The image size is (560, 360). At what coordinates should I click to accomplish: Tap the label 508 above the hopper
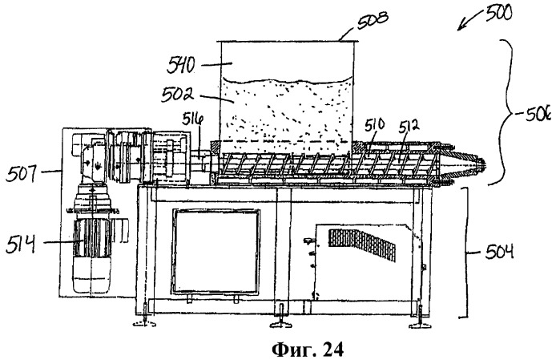(x=373, y=22)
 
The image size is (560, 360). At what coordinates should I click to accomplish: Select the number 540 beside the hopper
(x=182, y=66)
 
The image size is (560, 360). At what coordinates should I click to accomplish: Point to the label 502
(x=178, y=94)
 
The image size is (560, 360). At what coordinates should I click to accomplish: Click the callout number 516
(x=193, y=119)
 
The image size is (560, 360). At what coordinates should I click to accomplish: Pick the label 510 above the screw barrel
(x=375, y=124)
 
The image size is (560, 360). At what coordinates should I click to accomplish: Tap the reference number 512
(x=409, y=126)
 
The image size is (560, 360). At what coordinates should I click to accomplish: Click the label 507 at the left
(x=22, y=175)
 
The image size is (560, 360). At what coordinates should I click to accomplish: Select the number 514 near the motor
(x=20, y=245)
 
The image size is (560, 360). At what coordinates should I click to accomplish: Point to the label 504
(x=499, y=251)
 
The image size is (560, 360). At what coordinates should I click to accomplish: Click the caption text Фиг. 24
(x=308, y=350)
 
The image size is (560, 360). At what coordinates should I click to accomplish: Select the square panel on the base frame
(x=216, y=251)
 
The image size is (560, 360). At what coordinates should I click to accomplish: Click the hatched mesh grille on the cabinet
(x=362, y=245)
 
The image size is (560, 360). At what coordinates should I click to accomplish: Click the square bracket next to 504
(x=464, y=253)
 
